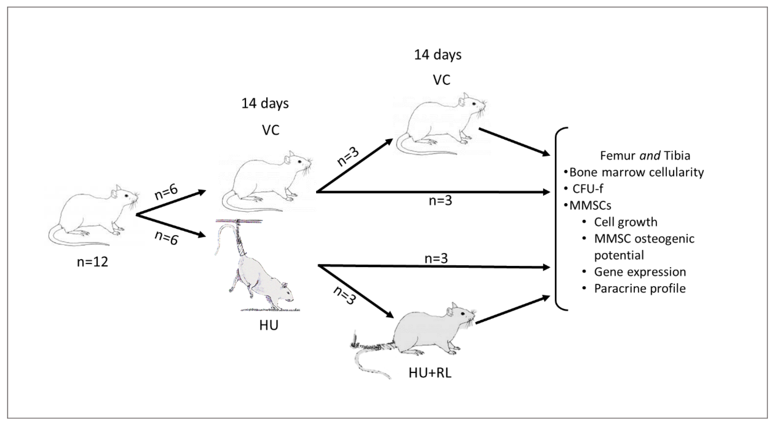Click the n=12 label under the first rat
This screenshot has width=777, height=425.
tap(92, 262)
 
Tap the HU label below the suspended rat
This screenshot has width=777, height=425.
tap(269, 326)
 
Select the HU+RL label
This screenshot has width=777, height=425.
tap(430, 373)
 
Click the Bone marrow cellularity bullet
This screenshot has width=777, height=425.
tap(637, 172)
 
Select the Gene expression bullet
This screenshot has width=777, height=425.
tap(640, 272)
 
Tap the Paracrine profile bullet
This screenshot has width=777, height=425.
tap(640, 289)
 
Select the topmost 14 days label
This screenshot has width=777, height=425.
tap(438, 55)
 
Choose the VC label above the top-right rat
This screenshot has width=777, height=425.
tap(442, 80)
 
